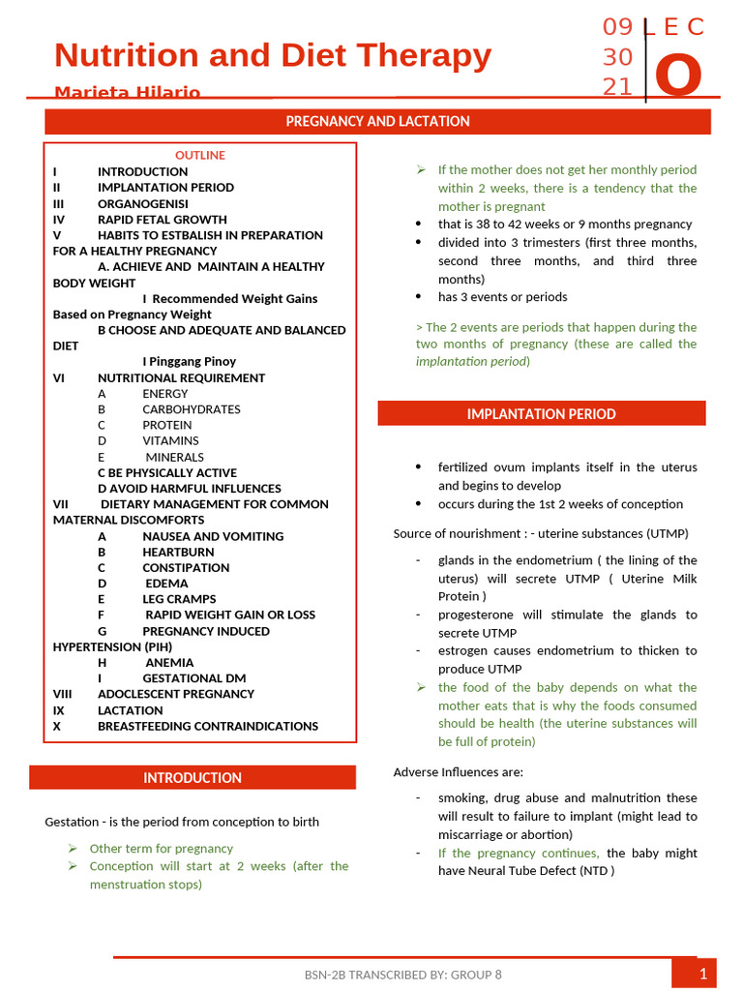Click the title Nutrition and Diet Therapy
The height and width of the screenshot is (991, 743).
(273, 56)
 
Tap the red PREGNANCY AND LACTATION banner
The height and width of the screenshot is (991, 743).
(377, 122)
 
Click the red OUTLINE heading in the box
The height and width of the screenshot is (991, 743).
(200, 155)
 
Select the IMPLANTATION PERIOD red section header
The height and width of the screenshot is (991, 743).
(541, 414)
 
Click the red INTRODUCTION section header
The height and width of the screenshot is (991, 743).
(193, 778)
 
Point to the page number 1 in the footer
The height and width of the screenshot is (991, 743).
(703, 974)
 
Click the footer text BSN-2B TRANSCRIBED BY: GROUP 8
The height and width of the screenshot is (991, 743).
(402, 975)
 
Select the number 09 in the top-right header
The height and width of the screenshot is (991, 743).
(617, 27)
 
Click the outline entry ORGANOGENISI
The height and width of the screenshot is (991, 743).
(142, 203)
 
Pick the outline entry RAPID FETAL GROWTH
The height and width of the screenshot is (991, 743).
(163, 220)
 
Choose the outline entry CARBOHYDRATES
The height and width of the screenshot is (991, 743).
(192, 409)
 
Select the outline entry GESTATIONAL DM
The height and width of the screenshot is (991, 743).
(194, 678)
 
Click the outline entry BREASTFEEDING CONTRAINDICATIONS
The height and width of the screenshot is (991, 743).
(208, 726)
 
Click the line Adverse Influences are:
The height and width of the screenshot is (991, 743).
(458, 772)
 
